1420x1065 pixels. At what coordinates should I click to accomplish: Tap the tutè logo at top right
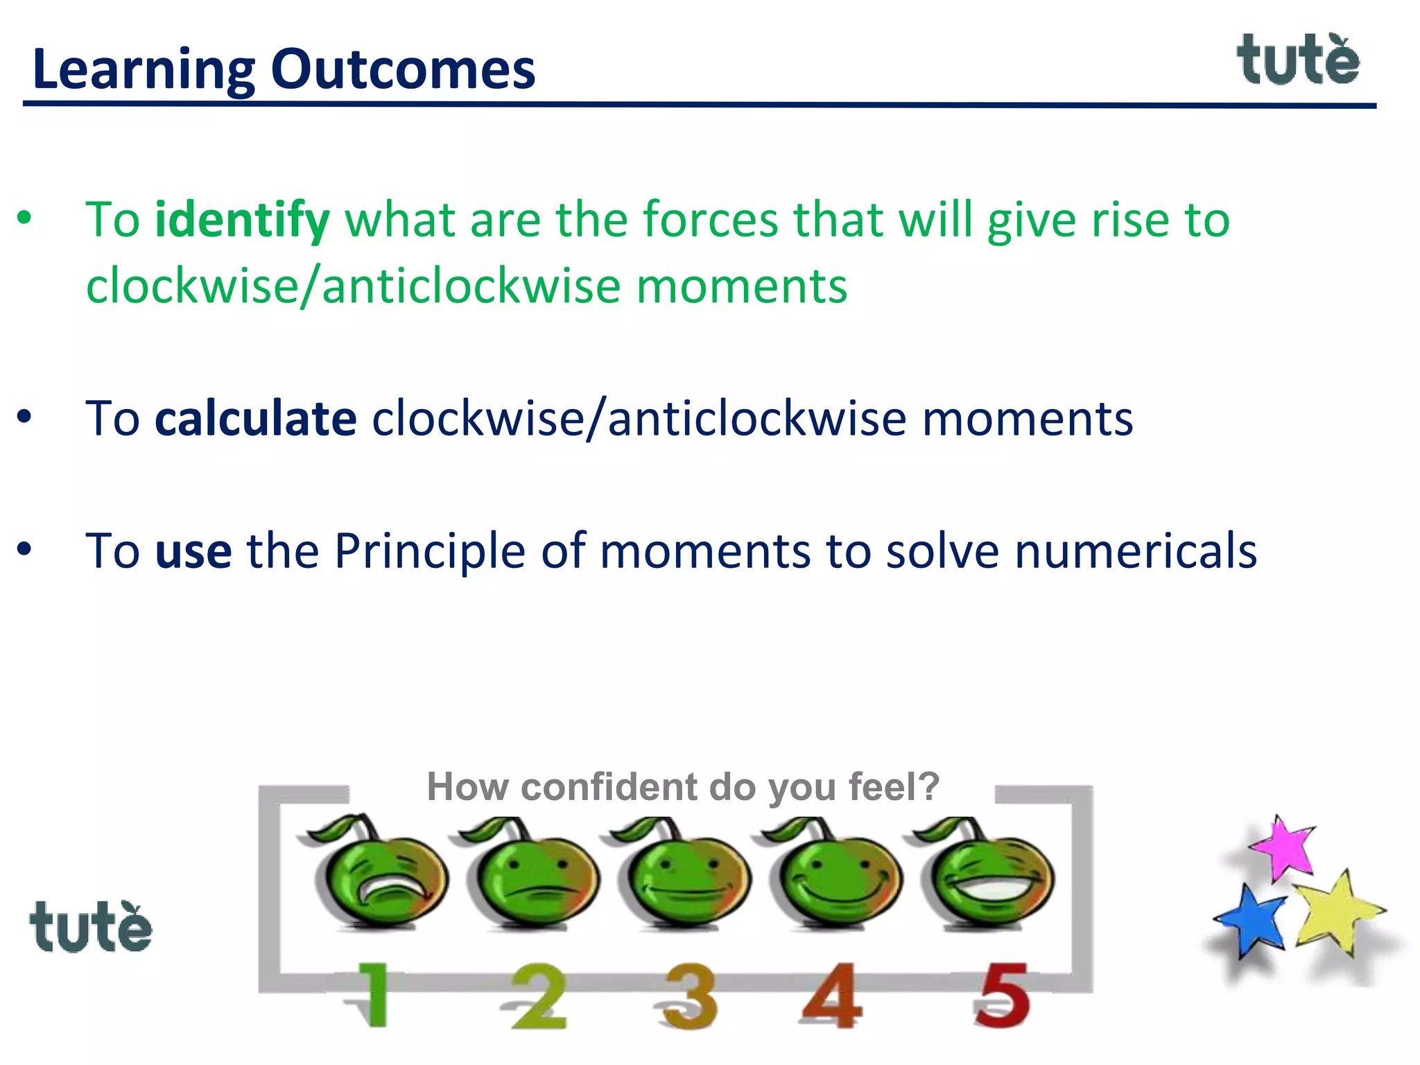[x=1298, y=61]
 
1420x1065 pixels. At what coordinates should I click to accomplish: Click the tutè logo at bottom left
[x=90, y=928]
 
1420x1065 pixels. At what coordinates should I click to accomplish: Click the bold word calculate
[x=256, y=419]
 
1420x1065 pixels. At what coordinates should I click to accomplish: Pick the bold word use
[x=193, y=552]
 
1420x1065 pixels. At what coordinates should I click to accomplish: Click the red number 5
[x=1001, y=996]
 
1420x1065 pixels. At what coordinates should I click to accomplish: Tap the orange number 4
[x=832, y=996]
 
